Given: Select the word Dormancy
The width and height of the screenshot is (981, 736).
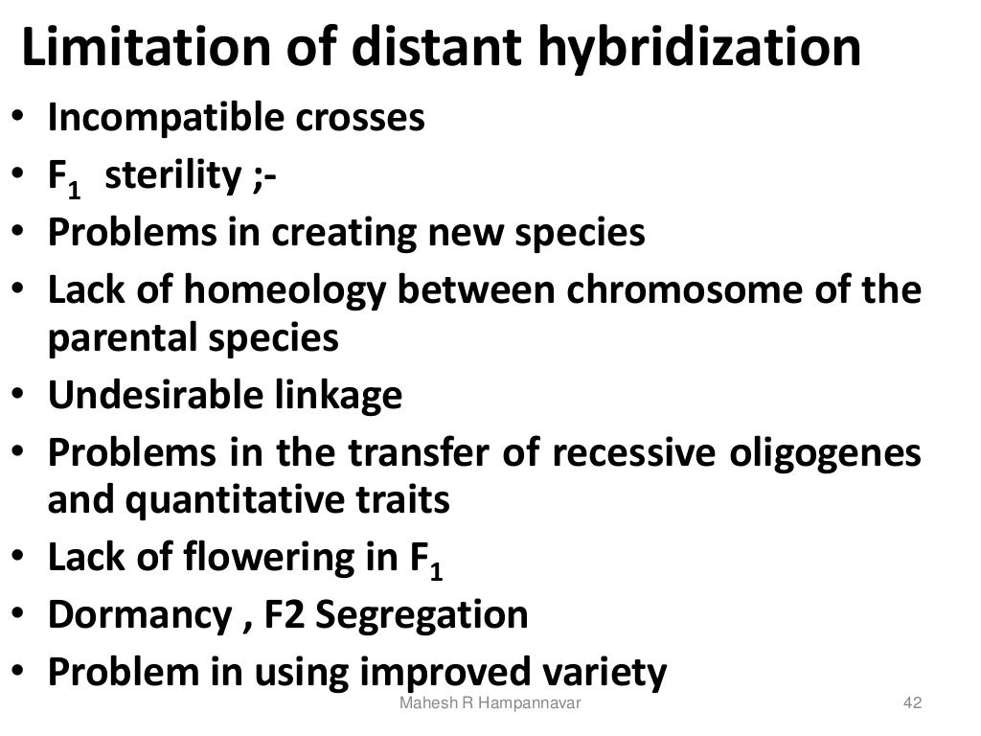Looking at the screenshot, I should [x=135, y=615].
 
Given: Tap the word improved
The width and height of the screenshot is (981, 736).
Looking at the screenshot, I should [x=445, y=673].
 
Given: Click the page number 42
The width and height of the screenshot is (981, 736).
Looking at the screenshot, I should [x=912, y=704].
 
